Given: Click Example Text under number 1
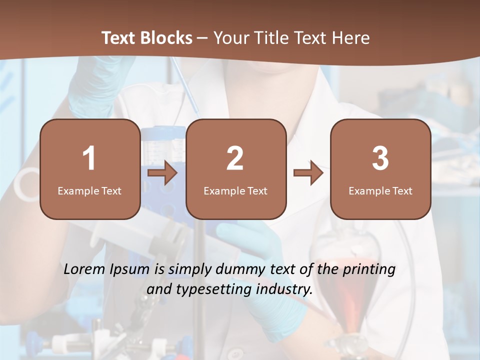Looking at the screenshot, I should (x=89, y=191).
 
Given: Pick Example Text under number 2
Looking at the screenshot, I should (x=235, y=191).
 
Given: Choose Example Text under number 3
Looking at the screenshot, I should (x=380, y=191).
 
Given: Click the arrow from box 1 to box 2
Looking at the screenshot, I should (x=162, y=173).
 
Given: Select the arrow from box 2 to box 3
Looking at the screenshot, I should (x=308, y=173).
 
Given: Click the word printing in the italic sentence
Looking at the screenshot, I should (x=369, y=270).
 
